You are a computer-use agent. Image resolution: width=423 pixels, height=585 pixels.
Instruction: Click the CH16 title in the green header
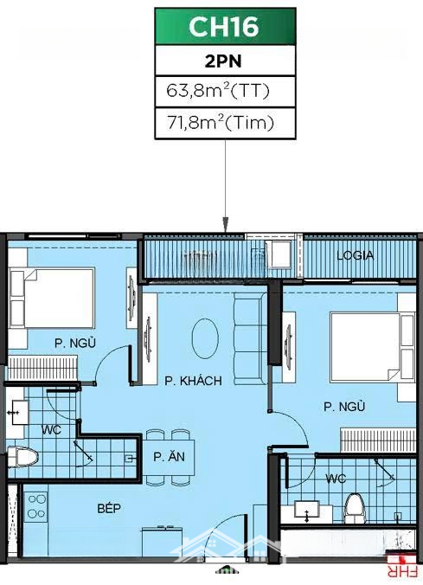(224, 26)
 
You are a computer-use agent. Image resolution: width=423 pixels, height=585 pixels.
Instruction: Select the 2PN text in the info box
(223, 61)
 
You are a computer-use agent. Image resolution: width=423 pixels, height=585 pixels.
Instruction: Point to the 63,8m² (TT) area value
(218, 91)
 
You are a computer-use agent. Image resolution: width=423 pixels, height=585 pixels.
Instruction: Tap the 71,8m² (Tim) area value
(220, 123)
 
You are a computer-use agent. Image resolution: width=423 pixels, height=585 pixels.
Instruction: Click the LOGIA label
(356, 255)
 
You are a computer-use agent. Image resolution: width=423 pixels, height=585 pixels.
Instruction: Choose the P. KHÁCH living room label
(193, 381)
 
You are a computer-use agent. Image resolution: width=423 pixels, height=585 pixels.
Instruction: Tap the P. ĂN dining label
(169, 456)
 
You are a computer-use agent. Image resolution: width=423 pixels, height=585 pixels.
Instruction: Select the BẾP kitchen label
(109, 508)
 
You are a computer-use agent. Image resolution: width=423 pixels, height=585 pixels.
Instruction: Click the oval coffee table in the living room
(205, 338)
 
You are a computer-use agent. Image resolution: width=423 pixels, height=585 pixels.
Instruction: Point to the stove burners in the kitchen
(35, 506)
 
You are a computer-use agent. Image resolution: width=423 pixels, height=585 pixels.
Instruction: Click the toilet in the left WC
(22, 457)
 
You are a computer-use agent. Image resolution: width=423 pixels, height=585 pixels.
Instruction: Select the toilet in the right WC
(354, 509)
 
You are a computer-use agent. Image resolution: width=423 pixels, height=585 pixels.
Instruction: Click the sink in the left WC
(20, 412)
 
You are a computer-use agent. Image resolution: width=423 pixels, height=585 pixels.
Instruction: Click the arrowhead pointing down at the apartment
(225, 225)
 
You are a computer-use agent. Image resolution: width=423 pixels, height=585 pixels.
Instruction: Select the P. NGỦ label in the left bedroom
(75, 343)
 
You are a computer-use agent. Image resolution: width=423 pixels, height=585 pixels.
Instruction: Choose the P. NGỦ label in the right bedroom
(344, 406)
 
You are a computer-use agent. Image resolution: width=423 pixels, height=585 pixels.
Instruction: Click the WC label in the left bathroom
(51, 430)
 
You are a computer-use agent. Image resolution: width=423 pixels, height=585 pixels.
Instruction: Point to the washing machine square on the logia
(279, 254)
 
